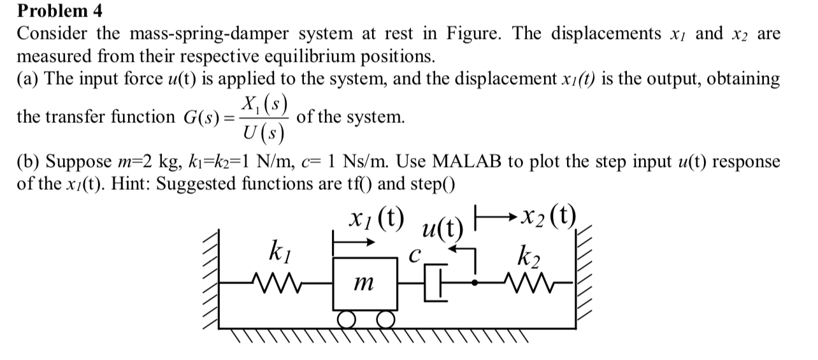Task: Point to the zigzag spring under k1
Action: coord(275,280)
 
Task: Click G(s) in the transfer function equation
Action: coord(202,117)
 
